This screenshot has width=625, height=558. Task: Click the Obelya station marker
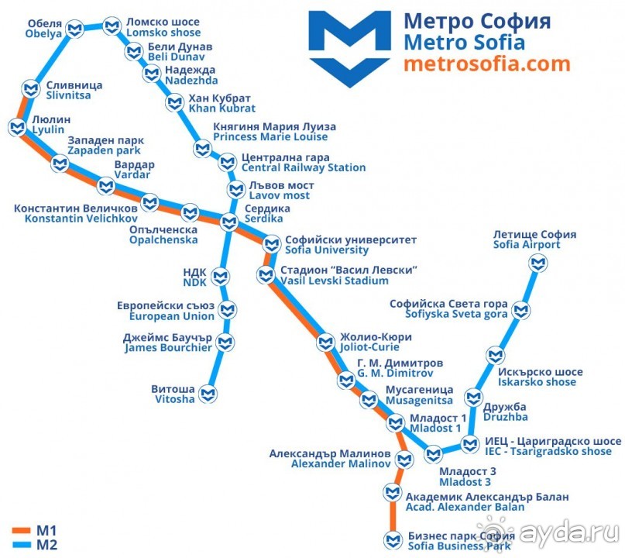coord(75,29)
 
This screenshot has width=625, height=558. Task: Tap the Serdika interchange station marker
coord(229,222)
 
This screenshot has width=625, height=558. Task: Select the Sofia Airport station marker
coord(538,263)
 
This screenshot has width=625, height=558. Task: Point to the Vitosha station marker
coord(208,394)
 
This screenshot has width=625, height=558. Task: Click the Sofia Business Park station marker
coord(393,540)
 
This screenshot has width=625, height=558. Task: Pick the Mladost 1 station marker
coord(396,423)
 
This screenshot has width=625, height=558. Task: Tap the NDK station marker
coord(221,277)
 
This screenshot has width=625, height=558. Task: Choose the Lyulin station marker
coord(18,128)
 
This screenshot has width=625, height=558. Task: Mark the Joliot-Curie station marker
coord(325,343)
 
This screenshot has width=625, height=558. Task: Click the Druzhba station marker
coord(473,398)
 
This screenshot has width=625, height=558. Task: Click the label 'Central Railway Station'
coord(304,167)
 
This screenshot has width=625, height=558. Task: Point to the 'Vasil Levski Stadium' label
coord(334,281)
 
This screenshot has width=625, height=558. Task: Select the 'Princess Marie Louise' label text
coord(270,137)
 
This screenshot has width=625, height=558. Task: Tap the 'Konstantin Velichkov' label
coord(81,219)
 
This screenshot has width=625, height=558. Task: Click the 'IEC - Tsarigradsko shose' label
coord(548,452)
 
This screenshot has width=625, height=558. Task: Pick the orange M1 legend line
coord(21,531)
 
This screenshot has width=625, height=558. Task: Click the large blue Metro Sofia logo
coord(349,49)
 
